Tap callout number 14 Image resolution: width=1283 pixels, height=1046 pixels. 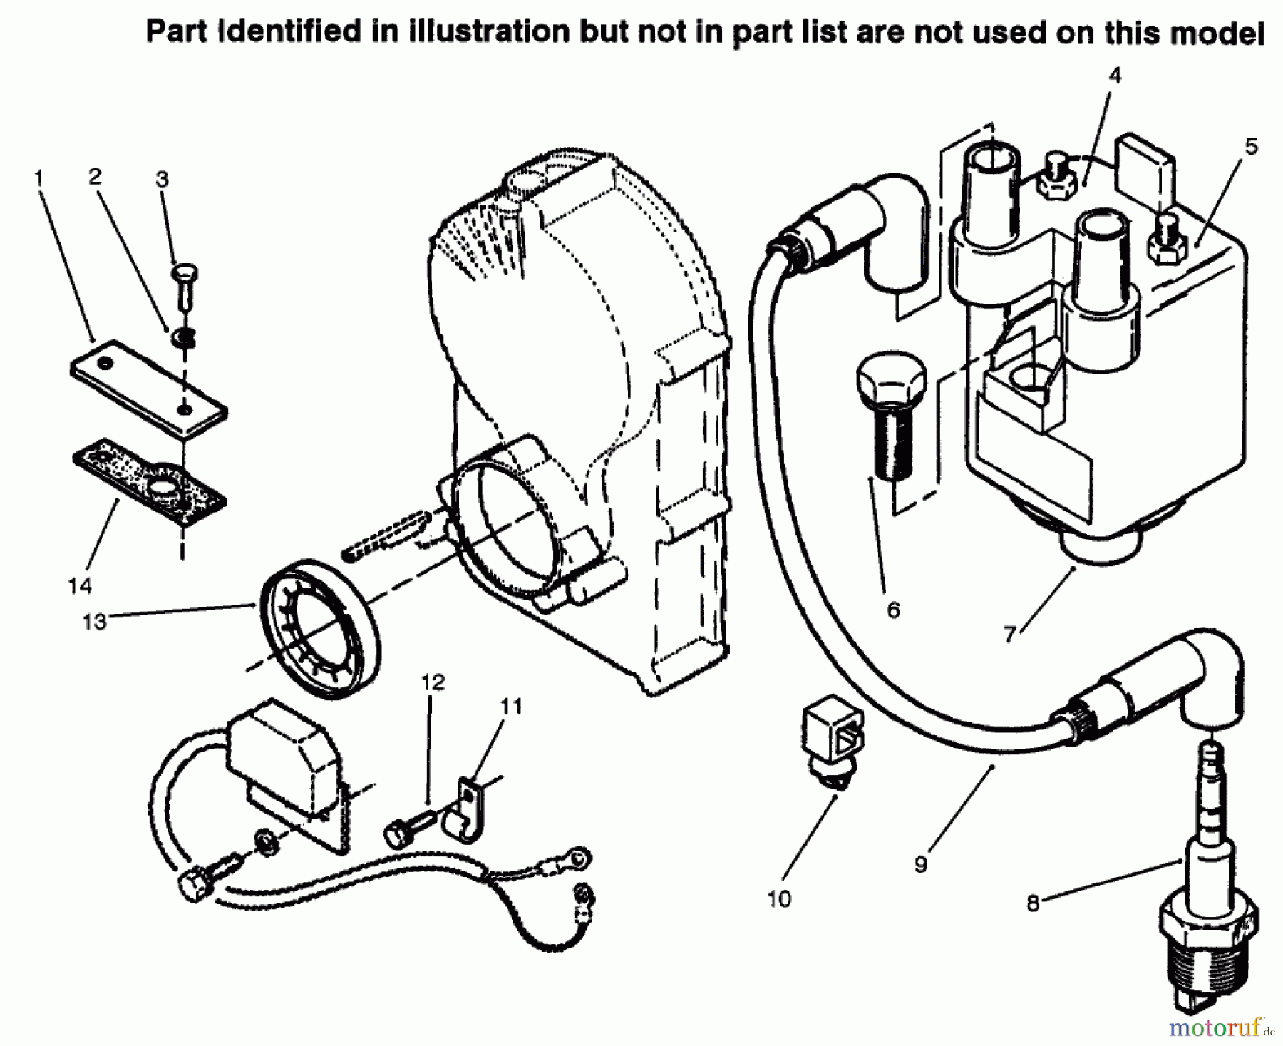tap(80, 586)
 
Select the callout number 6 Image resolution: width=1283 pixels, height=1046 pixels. tap(893, 610)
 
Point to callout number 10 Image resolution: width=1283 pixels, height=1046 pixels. tap(779, 899)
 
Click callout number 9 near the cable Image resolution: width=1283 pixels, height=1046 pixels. tap(921, 864)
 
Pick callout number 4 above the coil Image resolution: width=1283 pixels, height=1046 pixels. tap(1115, 75)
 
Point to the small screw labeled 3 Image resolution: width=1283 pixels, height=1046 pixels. tap(185, 285)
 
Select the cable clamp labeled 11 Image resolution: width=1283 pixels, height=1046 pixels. tap(463, 809)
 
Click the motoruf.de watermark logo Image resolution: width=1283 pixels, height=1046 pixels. tap(1218, 1027)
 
